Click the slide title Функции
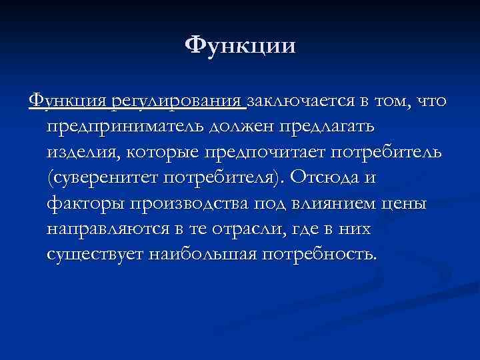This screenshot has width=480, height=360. pos(240,46)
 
